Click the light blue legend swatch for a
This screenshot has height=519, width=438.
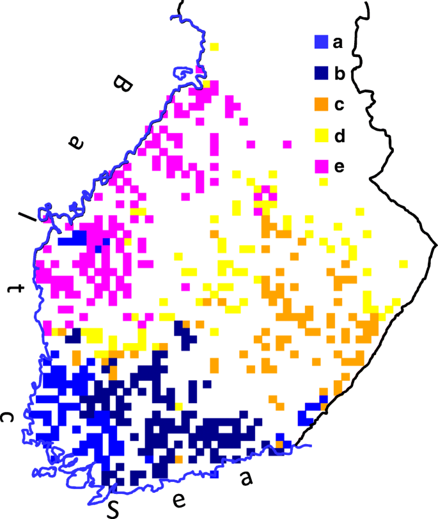click(x=321, y=44)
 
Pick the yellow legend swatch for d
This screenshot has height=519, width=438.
click(x=321, y=136)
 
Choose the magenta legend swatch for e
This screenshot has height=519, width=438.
click(x=321, y=166)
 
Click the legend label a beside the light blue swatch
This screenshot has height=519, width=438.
click(x=338, y=44)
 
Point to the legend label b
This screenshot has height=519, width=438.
click(x=339, y=74)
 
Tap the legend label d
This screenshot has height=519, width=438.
click(x=339, y=135)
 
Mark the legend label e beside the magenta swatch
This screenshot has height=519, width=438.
click(x=338, y=166)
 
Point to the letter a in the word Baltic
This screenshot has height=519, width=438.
click(x=77, y=143)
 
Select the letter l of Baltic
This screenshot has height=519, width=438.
click(x=27, y=217)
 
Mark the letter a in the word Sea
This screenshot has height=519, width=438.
click(x=245, y=477)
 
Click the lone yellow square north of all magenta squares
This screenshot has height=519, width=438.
click(x=214, y=47)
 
